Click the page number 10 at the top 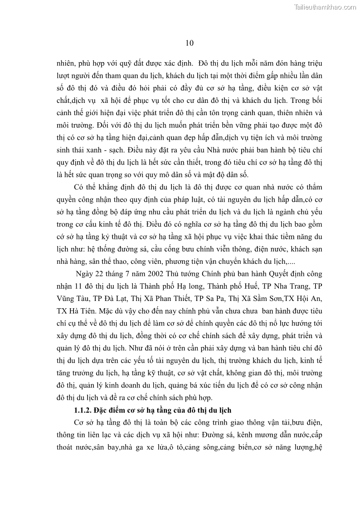tap(190, 43)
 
